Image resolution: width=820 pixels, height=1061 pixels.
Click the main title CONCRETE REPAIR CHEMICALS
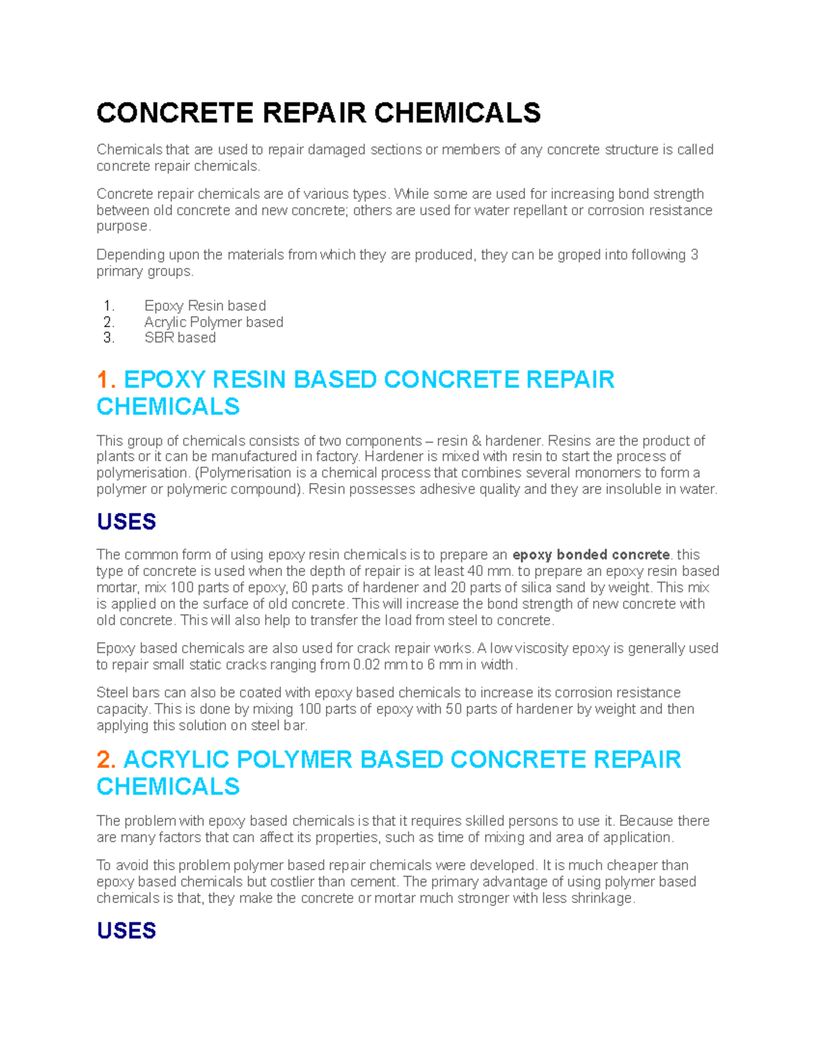tap(318, 113)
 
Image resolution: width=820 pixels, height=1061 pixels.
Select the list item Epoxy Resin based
tap(205, 305)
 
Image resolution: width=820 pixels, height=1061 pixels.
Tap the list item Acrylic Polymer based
tap(213, 322)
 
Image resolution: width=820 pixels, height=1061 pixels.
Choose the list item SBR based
tap(180, 337)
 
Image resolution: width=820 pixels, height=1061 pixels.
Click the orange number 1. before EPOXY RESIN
tap(106, 380)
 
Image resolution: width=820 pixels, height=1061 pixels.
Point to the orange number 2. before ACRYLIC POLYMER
tap(106, 760)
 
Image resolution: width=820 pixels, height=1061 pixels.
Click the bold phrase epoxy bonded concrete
tap(591, 555)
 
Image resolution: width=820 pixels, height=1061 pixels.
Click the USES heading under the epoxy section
tap(126, 522)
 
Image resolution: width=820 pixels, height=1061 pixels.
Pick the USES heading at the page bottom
tap(126, 931)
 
